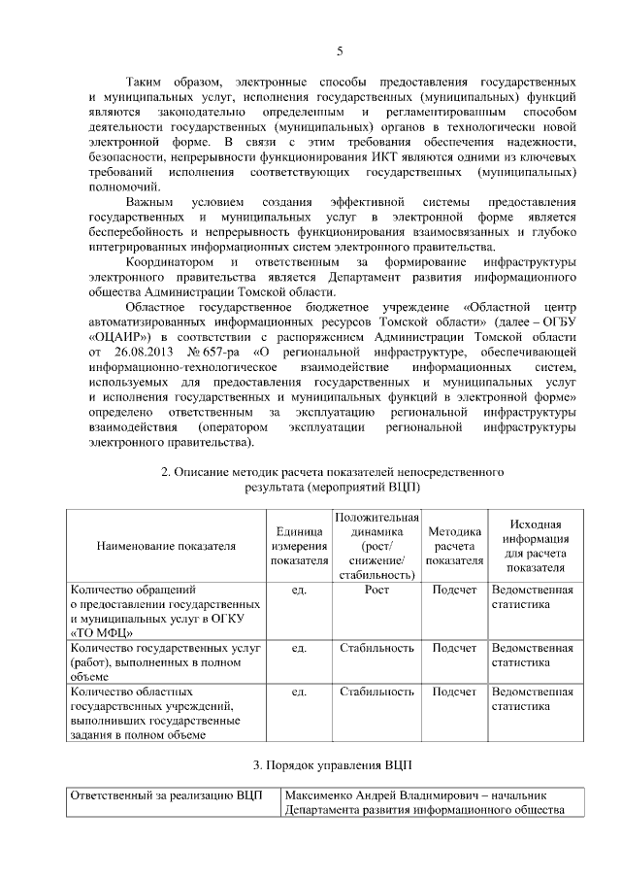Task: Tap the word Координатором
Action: click(170, 262)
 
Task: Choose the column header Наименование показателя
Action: click(166, 546)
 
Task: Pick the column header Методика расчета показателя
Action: click(454, 546)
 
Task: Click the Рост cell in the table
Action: click(376, 590)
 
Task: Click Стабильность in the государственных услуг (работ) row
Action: click(376, 647)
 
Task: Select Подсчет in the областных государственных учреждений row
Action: click(454, 692)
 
